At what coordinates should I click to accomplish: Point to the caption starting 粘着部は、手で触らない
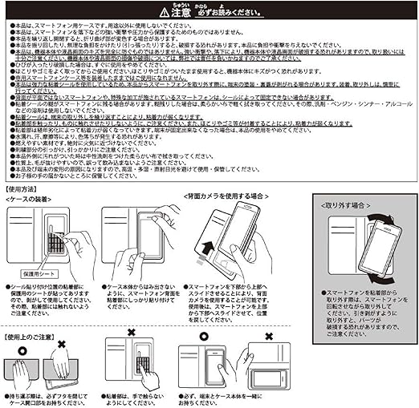(x=136, y=395)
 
